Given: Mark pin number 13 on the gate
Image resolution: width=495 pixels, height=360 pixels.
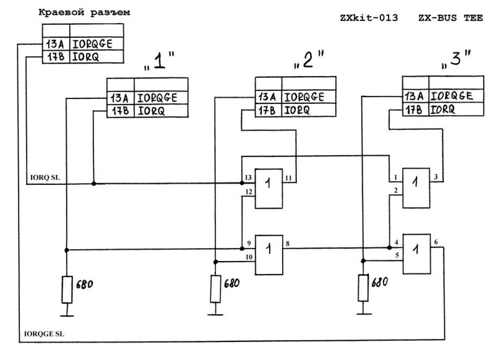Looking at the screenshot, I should pyautogui.click(x=248, y=178).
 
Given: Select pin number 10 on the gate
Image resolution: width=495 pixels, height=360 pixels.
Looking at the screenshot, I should pyautogui.click(x=248, y=257).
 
